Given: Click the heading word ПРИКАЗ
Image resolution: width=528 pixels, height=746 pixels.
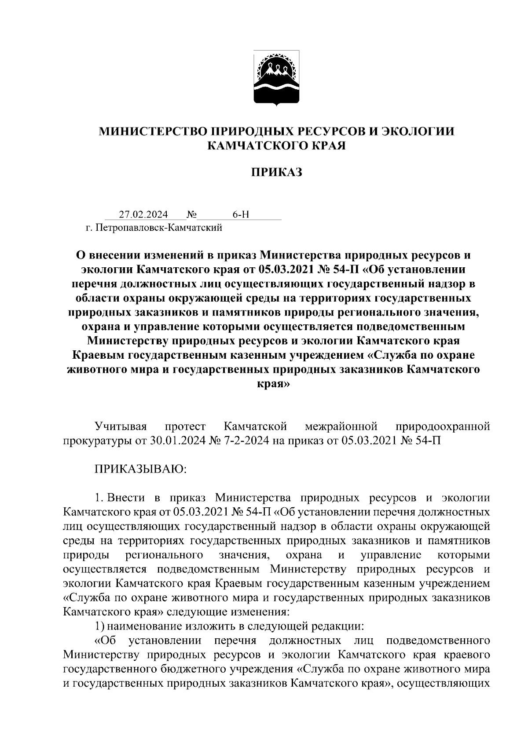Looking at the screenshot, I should [x=277, y=172].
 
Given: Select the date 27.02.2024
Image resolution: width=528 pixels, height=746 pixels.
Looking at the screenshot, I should [x=143, y=215].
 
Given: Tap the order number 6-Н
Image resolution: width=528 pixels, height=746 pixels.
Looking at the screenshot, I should [x=241, y=215].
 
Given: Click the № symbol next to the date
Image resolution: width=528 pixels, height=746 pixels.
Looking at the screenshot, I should [x=191, y=215].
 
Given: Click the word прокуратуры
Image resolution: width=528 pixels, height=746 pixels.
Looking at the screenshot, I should [x=96, y=441].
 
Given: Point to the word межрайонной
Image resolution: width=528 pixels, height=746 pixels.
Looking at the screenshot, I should [x=341, y=426].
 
